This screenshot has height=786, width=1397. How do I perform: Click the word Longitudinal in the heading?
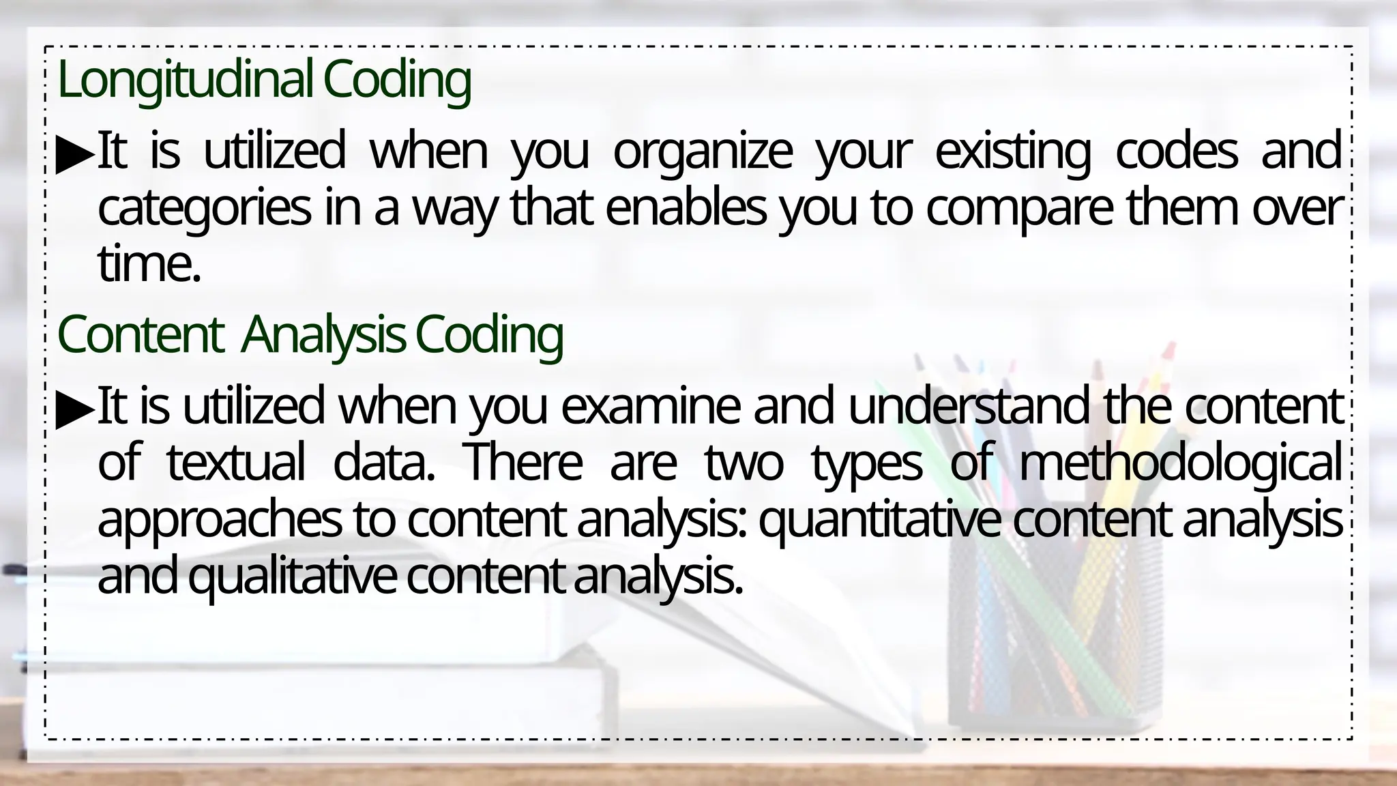click(x=185, y=81)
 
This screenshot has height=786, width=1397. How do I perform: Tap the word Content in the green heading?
click(x=141, y=335)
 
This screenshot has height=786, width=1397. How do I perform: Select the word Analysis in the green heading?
click(x=323, y=335)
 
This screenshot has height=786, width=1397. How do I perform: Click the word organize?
click(x=703, y=152)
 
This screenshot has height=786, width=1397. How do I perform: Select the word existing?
click(x=1012, y=152)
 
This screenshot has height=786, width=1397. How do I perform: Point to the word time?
click(x=149, y=265)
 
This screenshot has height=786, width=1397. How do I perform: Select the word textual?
click(x=236, y=463)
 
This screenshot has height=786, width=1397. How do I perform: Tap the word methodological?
click(x=1180, y=463)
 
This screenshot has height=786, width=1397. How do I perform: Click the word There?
click(x=523, y=463)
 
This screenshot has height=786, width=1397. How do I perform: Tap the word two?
click(x=744, y=463)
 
